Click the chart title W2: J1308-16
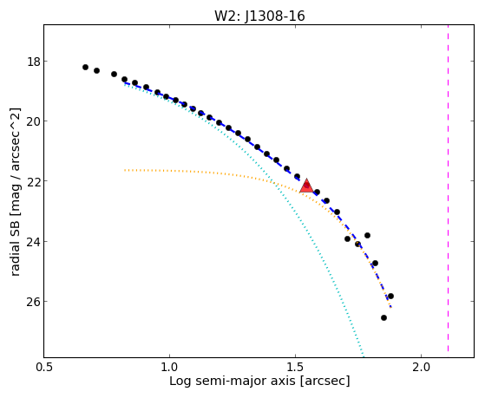(x=259, y=16)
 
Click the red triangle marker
(x=306, y=186)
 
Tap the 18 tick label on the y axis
(x=34, y=62)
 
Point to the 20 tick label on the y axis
(x=34, y=121)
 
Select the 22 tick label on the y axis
(x=34, y=181)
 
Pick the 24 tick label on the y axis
(x=34, y=241)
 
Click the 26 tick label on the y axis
(x=34, y=301)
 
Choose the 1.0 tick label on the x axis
(x=169, y=367)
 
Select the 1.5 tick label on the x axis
(x=296, y=367)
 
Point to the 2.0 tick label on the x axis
(x=422, y=367)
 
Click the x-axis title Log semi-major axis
(x=233, y=382)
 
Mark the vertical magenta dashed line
(x=448, y=188)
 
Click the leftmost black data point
(x=85, y=67)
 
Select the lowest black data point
(x=383, y=317)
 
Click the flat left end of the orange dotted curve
(x=125, y=170)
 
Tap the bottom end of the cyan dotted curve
(x=364, y=356)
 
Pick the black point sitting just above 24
(x=367, y=235)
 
